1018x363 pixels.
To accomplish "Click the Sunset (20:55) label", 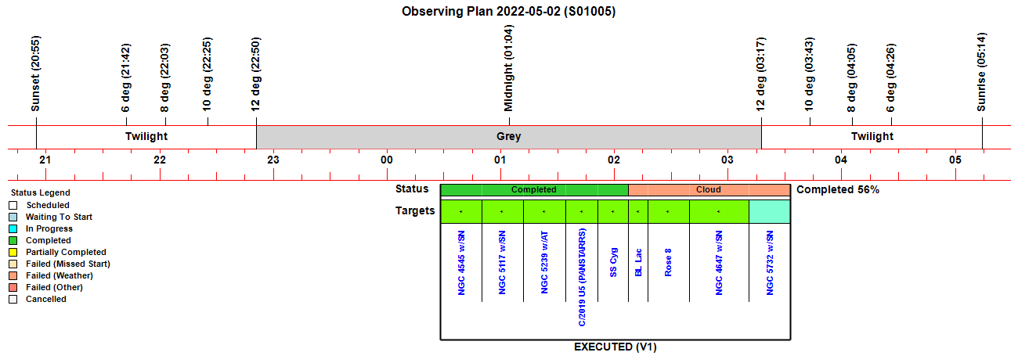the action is coord(35,74).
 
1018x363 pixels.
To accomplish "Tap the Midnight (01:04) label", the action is coord(508,68).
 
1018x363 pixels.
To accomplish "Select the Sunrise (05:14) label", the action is coord(982,72).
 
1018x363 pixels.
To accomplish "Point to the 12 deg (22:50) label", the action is coord(255,74).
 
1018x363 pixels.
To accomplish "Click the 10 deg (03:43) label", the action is coord(809,74).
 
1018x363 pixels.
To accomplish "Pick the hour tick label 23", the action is coord(273,160).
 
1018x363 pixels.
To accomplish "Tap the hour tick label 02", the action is coord(614,160).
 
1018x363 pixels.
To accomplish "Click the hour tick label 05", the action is coord(955,160).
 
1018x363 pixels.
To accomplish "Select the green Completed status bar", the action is coord(534,189).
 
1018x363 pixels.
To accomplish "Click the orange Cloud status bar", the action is coord(709,189).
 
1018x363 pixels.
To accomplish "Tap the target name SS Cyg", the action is coord(613,262).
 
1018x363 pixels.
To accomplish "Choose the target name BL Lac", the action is coord(638,262).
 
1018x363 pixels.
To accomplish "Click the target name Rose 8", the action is coord(668,262).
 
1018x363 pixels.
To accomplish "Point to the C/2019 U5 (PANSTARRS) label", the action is coord(582,277).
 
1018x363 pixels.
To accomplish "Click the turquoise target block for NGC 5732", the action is coord(770,211).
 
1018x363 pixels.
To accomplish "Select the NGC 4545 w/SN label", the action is coord(461,263).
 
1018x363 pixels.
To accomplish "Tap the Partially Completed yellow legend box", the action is coord(13,252).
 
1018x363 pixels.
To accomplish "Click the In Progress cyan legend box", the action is coord(13,228).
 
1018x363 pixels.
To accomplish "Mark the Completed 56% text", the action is coord(838,189).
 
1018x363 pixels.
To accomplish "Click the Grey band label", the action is coord(508,137).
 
